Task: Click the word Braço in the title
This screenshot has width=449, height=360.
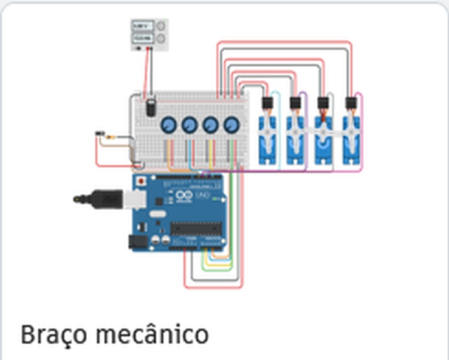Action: coord(51,334)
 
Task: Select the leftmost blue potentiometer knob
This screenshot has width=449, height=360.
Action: coord(169,126)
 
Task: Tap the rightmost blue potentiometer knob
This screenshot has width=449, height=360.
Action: coord(231,126)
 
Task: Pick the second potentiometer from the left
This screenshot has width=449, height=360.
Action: coord(190,126)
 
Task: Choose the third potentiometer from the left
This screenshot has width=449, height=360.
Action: coord(210,126)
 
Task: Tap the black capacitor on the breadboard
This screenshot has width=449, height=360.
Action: coord(150,107)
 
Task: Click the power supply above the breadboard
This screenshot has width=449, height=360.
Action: coord(149,34)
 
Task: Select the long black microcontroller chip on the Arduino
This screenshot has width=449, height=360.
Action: coord(193,229)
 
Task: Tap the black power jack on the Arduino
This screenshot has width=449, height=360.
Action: coord(138,242)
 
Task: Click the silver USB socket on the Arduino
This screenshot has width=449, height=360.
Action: coord(135,198)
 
